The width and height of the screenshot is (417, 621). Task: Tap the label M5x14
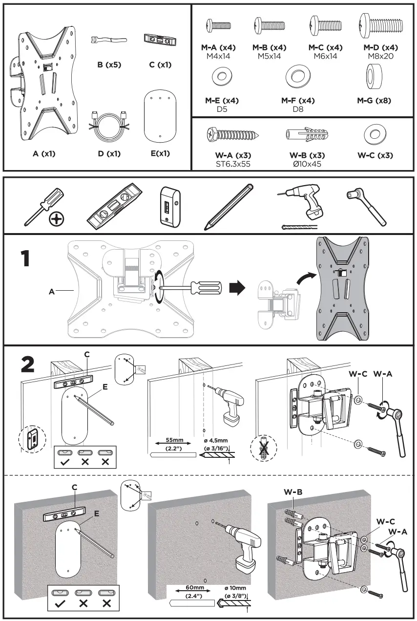(x=270, y=56)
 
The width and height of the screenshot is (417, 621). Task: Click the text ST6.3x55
(x=233, y=164)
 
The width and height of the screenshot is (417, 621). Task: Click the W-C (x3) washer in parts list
(x=375, y=132)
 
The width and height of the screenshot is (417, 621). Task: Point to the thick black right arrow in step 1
(x=236, y=287)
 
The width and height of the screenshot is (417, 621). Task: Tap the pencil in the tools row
(x=228, y=206)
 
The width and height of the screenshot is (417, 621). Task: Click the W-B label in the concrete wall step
(x=293, y=492)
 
